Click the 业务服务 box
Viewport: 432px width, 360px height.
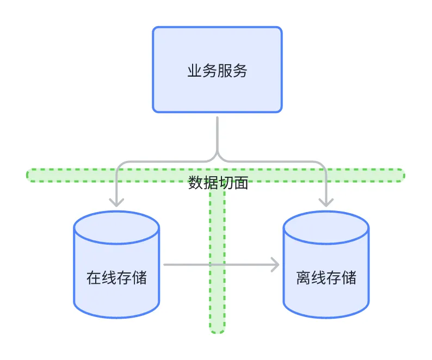[x=217, y=70]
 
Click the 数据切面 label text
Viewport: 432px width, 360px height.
[x=218, y=183]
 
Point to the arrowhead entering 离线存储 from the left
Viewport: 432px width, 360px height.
[x=275, y=265]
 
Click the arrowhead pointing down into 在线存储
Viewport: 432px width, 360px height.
[x=116, y=202]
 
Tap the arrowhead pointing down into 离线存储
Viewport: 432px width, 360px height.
[x=326, y=202]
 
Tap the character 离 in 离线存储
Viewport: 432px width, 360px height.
[x=304, y=278]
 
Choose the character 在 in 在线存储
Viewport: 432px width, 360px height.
[x=94, y=278]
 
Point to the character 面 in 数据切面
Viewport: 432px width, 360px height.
[x=241, y=183]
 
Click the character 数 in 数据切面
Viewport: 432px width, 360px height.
[x=195, y=183]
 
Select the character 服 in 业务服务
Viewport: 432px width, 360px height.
[x=225, y=71]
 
